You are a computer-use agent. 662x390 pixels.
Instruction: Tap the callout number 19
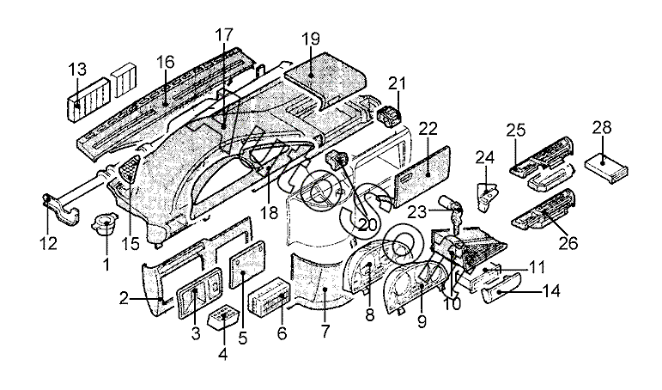pyautogui.click(x=311, y=39)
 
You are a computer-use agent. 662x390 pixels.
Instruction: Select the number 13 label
pyautogui.click(x=77, y=69)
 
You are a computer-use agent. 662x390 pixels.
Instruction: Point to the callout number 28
pyautogui.click(x=602, y=127)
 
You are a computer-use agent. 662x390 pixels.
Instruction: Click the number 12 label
pyautogui.click(x=48, y=243)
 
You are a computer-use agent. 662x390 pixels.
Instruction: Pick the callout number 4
pyautogui.click(x=223, y=354)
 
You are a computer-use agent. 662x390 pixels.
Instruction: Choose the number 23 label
pyautogui.click(x=417, y=211)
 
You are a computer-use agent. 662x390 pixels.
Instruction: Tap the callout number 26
pyautogui.click(x=568, y=243)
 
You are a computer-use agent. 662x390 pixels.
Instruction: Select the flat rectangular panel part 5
pyautogui.click(x=247, y=265)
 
